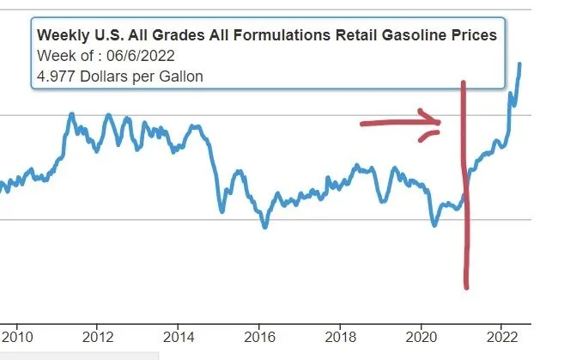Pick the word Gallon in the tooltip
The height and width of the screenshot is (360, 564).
(179, 76)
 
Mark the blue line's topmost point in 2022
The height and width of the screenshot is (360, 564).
(519, 64)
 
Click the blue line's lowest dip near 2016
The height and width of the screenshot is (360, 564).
(265, 227)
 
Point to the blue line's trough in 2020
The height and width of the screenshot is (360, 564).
(435, 225)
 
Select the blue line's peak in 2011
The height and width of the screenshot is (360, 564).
(71, 113)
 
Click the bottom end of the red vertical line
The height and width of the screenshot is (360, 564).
(467, 287)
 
